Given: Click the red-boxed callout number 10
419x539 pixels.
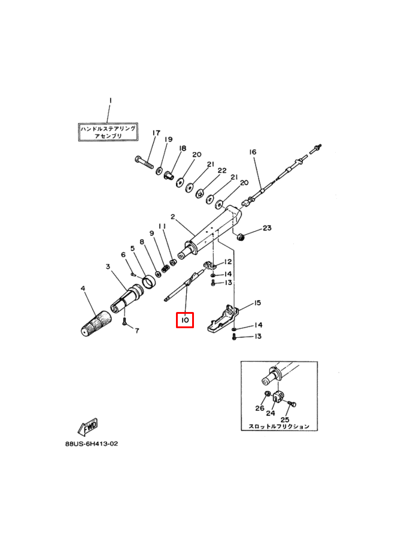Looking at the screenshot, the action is click(185, 320).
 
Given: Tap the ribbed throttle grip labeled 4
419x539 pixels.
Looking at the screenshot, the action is click(96, 323).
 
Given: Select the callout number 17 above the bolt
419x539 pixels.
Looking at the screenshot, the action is click(156, 133).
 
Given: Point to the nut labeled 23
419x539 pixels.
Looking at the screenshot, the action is click(241, 236).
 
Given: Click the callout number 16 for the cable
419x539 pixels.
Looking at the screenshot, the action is click(253, 152).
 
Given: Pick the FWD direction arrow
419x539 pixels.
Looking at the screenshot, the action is click(88, 426).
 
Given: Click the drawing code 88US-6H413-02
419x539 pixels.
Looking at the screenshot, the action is click(92, 444).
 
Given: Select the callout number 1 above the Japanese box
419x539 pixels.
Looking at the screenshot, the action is click(110, 101).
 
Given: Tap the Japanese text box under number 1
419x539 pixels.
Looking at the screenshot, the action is click(108, 132).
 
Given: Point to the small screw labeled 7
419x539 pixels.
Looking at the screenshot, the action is click(124, 322).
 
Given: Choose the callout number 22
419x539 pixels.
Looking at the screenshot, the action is click(222, 171).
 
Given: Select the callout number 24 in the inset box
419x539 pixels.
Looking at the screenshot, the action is click(271, 413).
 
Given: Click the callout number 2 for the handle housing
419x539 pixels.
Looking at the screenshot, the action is click(173, 217).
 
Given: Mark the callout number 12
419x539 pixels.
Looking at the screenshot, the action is click(227, 262).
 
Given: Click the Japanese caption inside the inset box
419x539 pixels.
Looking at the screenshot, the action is click(279, 426).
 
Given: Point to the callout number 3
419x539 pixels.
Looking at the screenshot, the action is click(108, 266).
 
